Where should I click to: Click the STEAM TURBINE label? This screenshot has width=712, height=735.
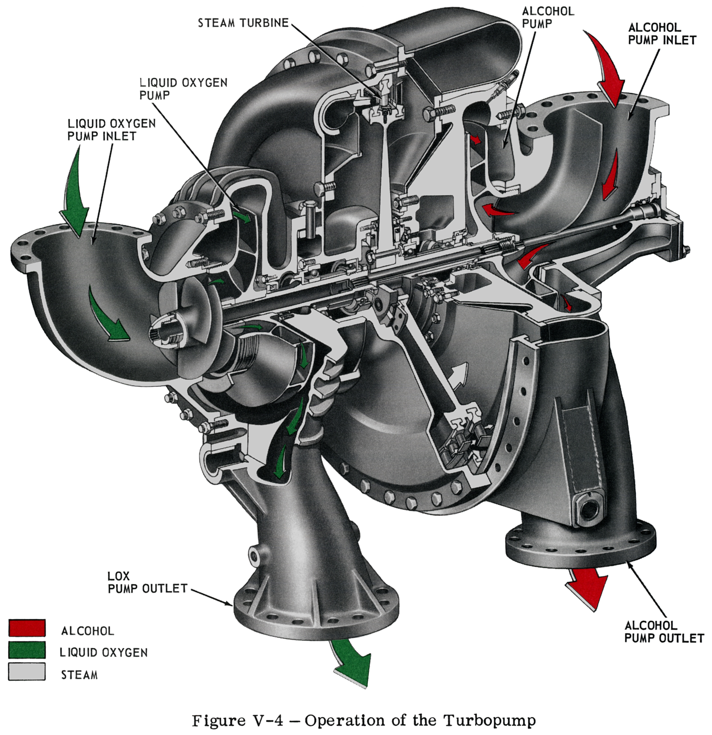[243, 23]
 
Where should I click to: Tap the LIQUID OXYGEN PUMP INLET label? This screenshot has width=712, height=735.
[112, 129]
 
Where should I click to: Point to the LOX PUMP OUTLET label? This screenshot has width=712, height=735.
[147, 582]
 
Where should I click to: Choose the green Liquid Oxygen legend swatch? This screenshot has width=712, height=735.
[27, 650]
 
